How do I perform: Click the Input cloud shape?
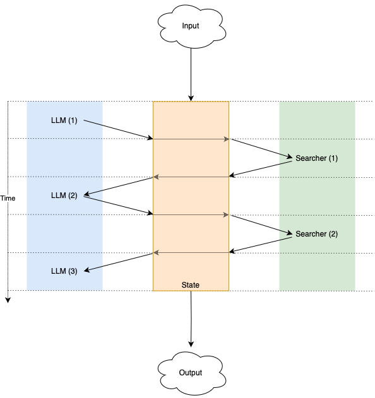pos(191,26)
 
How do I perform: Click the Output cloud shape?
pos(191,373)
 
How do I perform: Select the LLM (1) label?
pos(64,120)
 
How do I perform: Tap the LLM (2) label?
pos(64,196)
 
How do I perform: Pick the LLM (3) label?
pos(64,271)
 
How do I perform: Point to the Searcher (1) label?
pos(316,158)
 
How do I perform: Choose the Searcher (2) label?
pos(316,234)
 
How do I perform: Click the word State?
pos(191,285)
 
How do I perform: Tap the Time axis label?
pos(8,198)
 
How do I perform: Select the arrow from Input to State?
pos(191,74)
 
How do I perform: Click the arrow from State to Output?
pos(191,319)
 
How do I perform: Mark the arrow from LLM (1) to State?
pos(118,129)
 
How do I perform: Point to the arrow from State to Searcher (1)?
pos(261,148)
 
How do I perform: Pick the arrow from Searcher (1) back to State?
pos(261,168)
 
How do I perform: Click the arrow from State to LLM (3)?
pos(119,262)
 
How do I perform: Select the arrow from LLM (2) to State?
pos(118,206)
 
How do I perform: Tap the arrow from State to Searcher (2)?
pos(261,224)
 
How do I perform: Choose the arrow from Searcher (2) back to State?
pos(261,245)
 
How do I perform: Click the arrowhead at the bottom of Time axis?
pos(8,300)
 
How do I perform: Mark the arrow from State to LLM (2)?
pos(119,186)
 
